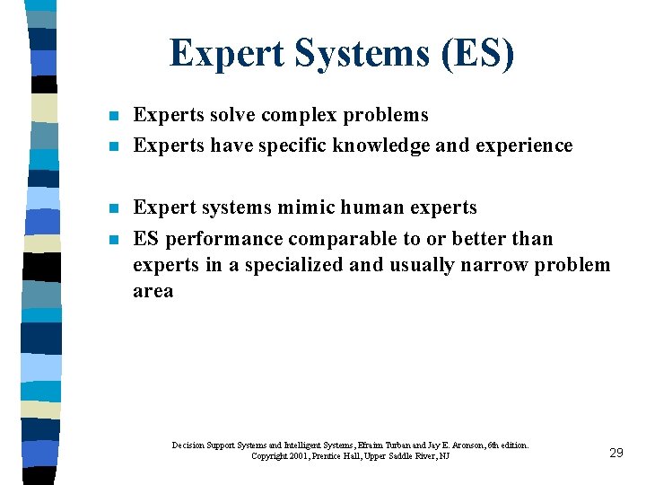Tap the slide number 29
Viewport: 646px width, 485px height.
[x=615, y=453]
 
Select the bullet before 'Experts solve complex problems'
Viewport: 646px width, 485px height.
[x=110, y=117]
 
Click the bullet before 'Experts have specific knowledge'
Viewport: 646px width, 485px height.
[x=110, y=146]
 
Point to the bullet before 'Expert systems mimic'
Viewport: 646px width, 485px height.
[x=110, y=208]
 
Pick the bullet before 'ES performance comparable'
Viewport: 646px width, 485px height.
[x=110, y=240]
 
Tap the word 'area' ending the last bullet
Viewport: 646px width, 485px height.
[x=153, y=291]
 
